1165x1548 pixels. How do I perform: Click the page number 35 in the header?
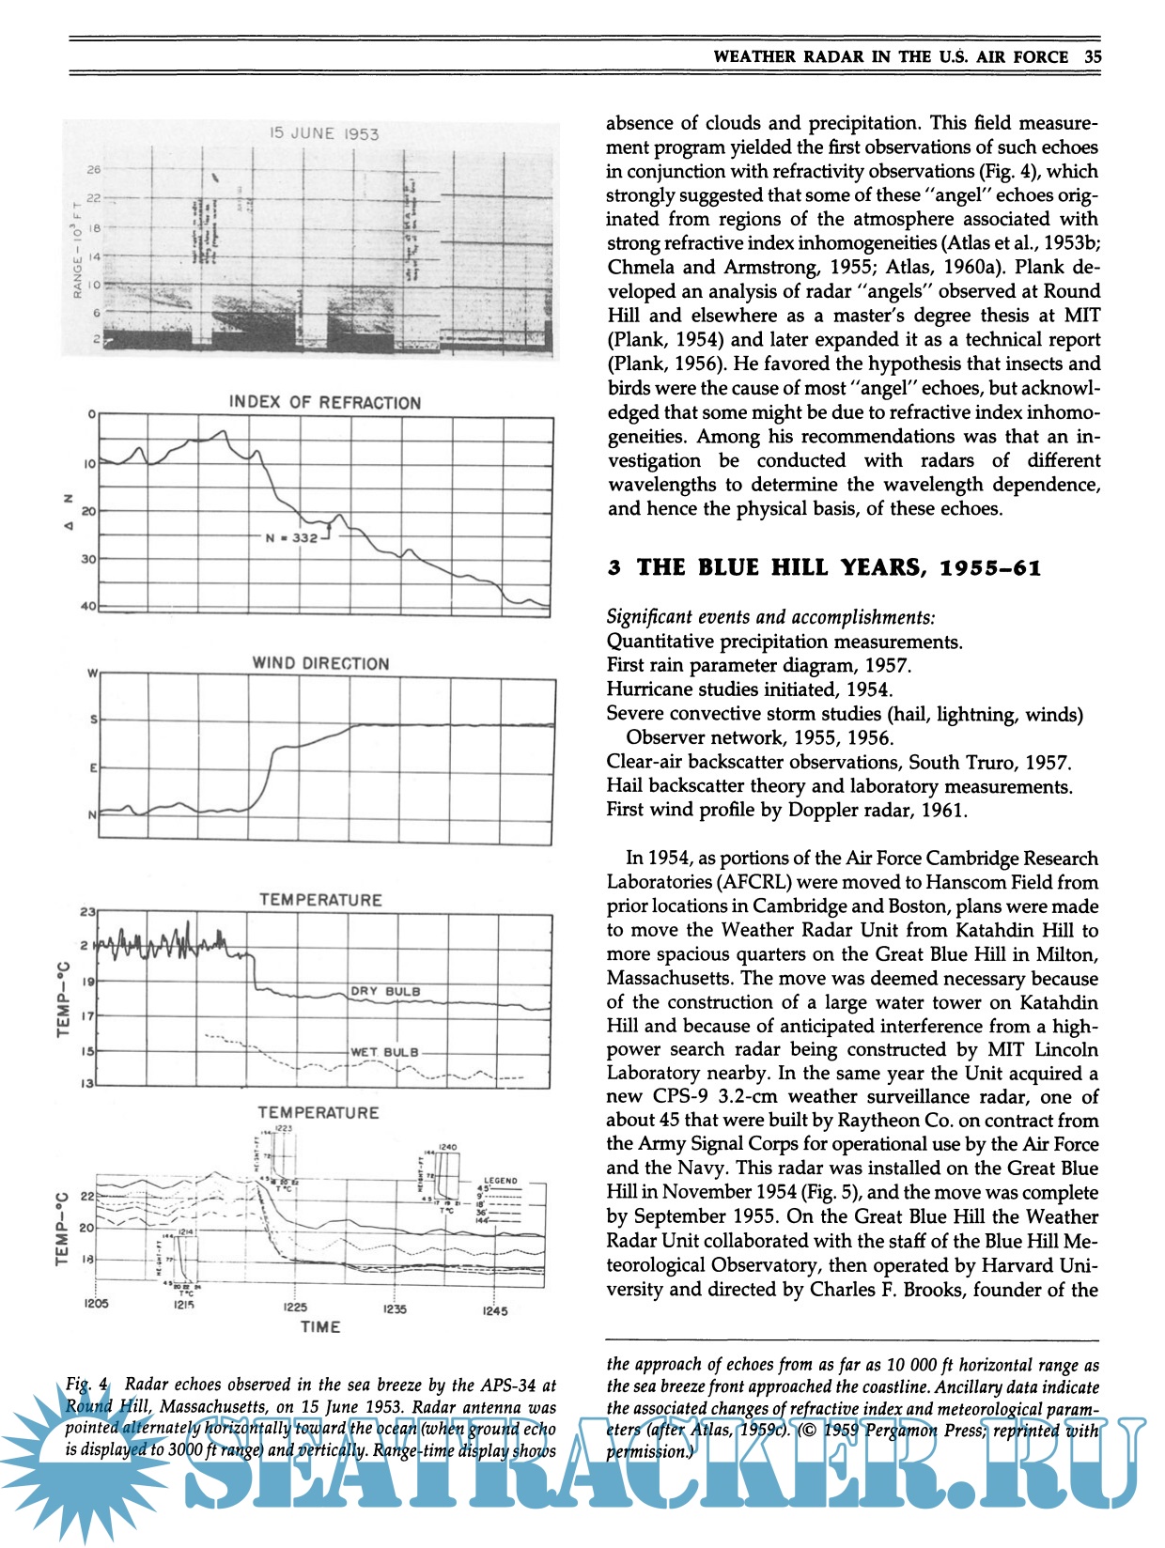[1092, 56]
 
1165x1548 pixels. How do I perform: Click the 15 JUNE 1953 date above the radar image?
[324, 133]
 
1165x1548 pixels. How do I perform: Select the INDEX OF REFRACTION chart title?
[325, 403]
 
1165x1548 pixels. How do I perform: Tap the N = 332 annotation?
[292, 538]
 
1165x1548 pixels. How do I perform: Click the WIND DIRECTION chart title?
[320, 663]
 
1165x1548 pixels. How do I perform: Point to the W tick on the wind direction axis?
[92, 673]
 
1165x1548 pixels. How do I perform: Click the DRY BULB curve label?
[385, 991]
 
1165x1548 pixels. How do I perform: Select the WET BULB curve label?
[384, 1052]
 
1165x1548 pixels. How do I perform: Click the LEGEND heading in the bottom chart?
[500, 1181]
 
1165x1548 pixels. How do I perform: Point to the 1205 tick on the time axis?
[96, 1304]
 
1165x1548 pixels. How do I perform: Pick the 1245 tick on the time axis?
[494, 1310]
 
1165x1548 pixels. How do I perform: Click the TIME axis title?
[320, 1327]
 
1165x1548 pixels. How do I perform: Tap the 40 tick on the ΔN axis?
[88, 607]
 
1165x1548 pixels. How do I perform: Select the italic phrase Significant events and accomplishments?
[770, 617]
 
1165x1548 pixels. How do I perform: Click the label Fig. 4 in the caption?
[88, 1385]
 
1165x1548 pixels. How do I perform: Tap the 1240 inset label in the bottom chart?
[447, 1147]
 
